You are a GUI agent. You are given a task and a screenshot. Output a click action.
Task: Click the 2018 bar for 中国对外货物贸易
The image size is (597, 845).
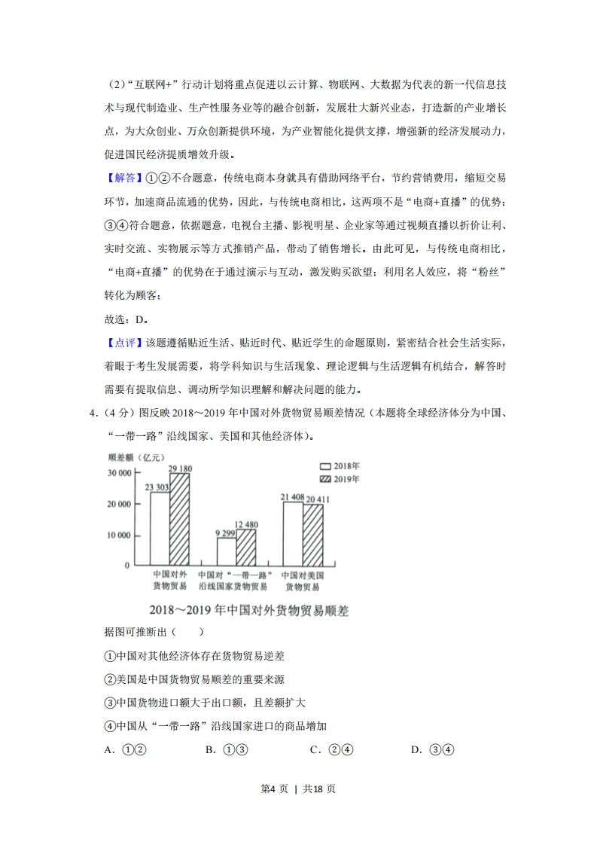(160, 529)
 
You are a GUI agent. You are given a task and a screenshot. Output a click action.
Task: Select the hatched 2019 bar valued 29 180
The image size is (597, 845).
(179, 520)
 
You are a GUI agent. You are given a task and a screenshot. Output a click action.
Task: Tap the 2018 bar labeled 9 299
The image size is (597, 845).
(227, 551)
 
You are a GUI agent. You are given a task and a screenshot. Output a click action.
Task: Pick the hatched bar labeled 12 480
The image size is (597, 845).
(246, 547)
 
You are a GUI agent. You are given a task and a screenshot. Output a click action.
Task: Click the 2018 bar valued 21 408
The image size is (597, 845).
(293, 533)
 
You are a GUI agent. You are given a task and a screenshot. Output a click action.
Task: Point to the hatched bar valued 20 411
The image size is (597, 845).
(312, 535)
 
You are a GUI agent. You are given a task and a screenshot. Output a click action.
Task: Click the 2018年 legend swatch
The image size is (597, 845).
(325, 466)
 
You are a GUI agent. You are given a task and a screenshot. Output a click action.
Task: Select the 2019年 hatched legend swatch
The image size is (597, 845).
(325, 479)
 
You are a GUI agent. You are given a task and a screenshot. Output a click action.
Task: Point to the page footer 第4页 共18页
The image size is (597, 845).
(298, 789)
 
